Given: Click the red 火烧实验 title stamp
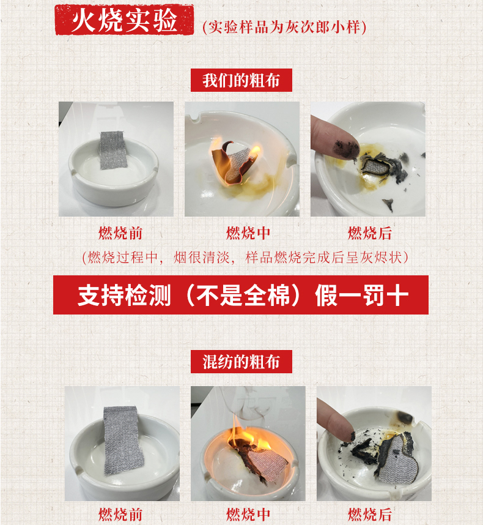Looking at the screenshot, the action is tap(124, 20).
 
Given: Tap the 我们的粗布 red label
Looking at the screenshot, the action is tap(241, 80).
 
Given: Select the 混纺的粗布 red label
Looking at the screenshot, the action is tap(241, 362).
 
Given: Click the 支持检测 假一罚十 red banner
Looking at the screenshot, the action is tap(241, 295).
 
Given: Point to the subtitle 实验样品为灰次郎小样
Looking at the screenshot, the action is tap(284, 27).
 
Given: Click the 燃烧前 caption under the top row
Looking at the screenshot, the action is tap(120, 233).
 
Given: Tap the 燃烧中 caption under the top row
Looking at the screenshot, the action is tap(248, 233).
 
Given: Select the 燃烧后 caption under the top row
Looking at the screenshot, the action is tap(370, 233).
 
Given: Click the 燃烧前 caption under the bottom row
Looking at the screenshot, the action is tap(120, 514).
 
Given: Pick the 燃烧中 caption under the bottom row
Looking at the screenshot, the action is tap(248, 514).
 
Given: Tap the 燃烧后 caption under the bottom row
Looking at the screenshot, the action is tap(370, 514).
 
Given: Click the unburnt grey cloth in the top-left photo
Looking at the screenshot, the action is tap(113, 150).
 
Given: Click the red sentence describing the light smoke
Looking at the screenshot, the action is tap(245, 258).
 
